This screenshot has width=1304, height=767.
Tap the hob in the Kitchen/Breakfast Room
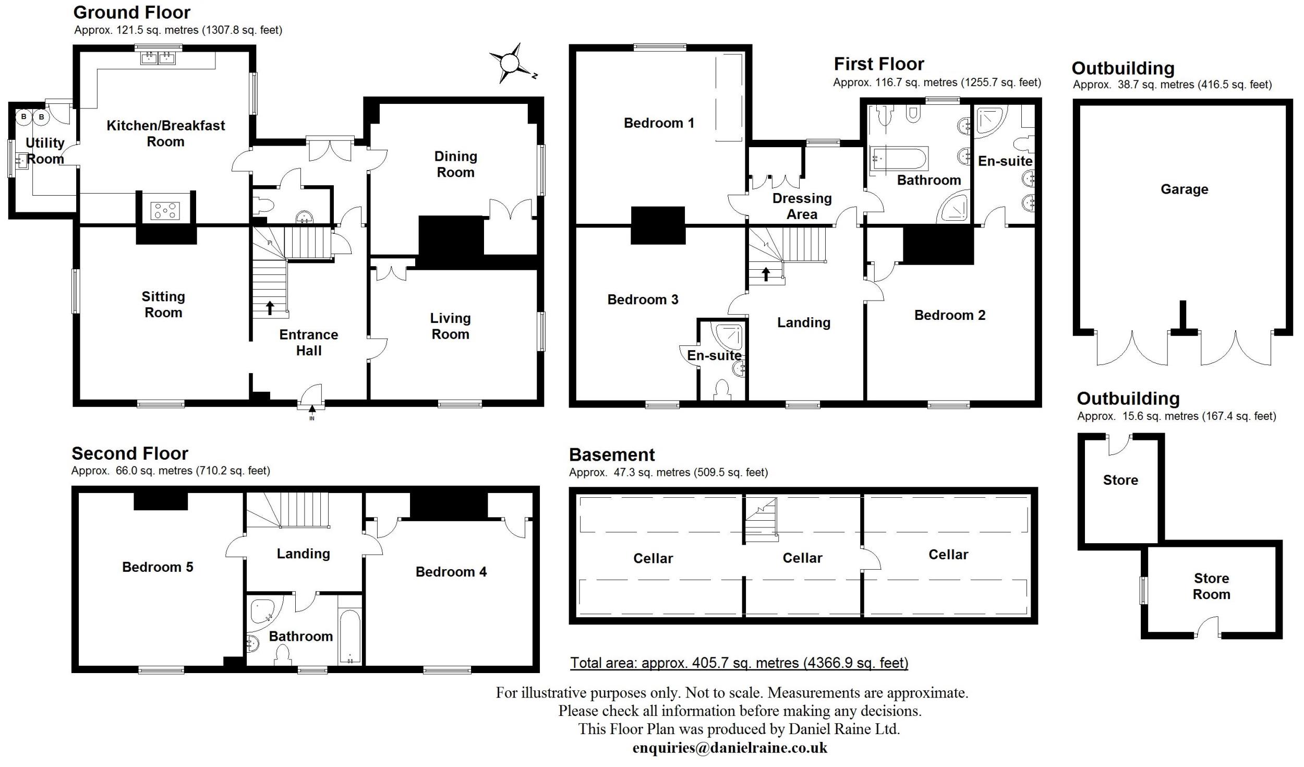tap(165, 210)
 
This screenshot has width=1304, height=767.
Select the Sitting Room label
tap(163, 305)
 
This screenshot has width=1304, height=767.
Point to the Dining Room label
tap(455, 164)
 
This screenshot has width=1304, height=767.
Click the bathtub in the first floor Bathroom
tap(899, 158)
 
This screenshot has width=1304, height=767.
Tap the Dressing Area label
tap(802, 206)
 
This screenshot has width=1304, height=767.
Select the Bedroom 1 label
tap(659, 123)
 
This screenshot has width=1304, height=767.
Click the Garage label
tap(1184, 189)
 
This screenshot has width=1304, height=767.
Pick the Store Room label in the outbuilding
tap(1211, 586)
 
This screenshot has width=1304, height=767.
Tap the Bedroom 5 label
tap(158, 567)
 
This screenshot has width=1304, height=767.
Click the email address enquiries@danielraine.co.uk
tap(730, 748)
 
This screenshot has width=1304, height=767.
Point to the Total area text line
tap(739, 663)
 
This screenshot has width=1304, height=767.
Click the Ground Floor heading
tap(132, 12)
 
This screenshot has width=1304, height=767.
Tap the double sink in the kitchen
tap(158, 57)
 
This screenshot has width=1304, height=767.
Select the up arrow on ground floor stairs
tap(270, 307)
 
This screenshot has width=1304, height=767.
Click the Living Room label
tap(450, 326)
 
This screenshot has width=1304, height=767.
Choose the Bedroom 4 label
tap(451, 572)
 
